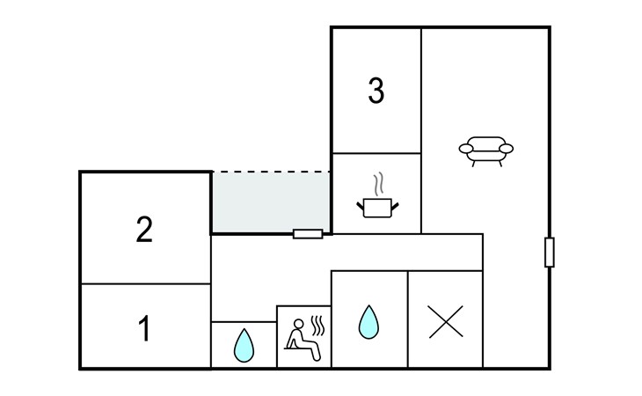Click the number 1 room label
point(144,328)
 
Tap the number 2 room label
point(144,230)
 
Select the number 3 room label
point(376,91)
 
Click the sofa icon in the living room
point(485,151)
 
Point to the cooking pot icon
point(377,207)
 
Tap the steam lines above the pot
point(380,184)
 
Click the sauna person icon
point(303,340)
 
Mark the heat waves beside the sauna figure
point(317,326)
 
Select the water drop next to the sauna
point(244,345)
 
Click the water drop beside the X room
point(368,322)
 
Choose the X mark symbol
point(446,321)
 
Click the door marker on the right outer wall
point(549,253)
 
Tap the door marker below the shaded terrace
point(308,234)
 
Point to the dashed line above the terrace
point(271,172)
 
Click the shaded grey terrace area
point(271,202)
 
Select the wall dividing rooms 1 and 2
point(146,283)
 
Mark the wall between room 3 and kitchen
point(376,154)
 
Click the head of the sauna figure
point(299,324)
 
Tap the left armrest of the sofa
point(466,149)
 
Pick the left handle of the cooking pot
point(360,206)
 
